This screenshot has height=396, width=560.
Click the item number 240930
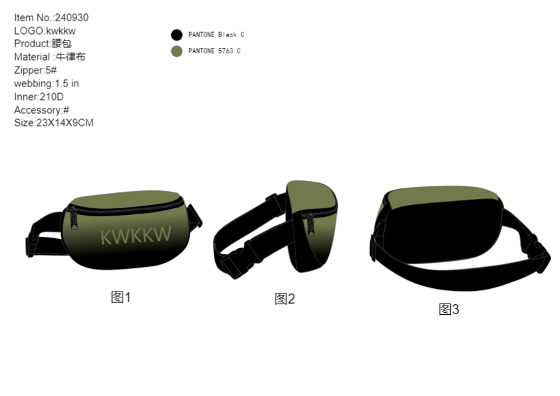click(x=72, y=17)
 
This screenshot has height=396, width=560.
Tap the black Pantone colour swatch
click(x=176, y=35)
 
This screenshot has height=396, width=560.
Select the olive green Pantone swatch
click(x=176, y=51)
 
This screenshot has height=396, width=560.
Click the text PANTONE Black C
click(x=216, y=35)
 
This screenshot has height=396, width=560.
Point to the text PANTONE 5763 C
click(x=214, y=51)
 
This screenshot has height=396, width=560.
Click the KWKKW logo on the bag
click(x=136, y=236)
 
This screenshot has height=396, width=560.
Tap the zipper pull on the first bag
click(x=73, y=218)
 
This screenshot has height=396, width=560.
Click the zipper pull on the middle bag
click(x=310, y=224)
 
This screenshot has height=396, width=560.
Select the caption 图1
click(x=121, y=297)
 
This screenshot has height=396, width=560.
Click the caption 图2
click(x=284, y=299)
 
